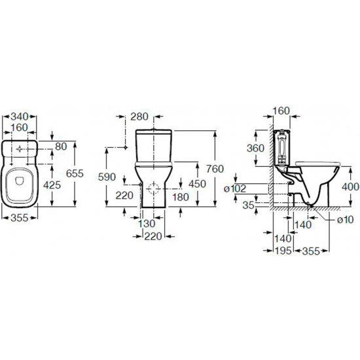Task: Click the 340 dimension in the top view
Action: tap(20, 117)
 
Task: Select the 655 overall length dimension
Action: tap(75, 173)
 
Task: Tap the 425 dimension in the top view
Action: tap(52, 185)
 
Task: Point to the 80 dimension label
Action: tap(61, 146)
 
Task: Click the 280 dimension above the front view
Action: tap(139, 117)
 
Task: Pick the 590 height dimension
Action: tap(107, 177)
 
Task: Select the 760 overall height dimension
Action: tap(215, 169)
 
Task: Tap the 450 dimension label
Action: tap(197, 184)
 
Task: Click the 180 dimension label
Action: tap(181, 197)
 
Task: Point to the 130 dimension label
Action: tap(147, 223)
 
